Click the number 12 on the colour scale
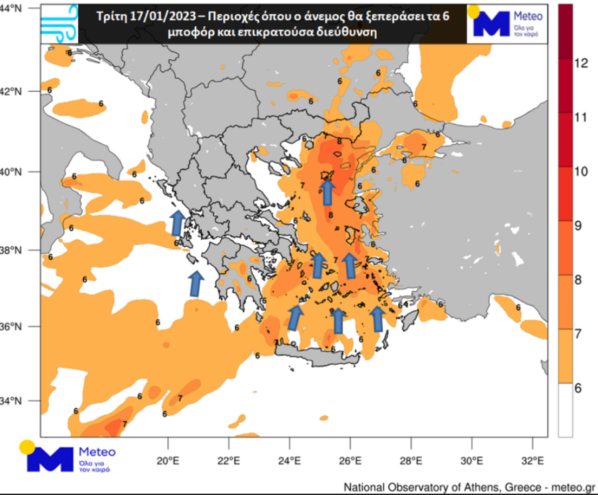pyautogui.click(x=579, y=63)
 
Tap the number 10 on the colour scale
pyautogui.click(x=579, y=171)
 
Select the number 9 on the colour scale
pyautogui.click(x=579, y=225)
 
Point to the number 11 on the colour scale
pyautogui.click(x=579, y=118)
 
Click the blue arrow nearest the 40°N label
pyautogui.click(x=327, y=193)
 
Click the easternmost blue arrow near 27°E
pyautogui.click(x=378, y=319)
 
